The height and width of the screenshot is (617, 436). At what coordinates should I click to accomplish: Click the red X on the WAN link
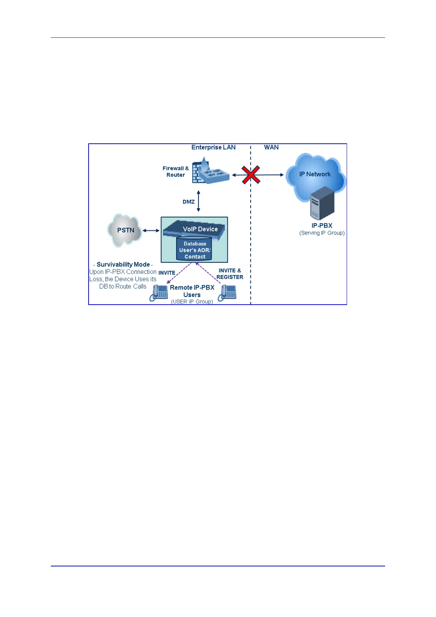coord(251,175)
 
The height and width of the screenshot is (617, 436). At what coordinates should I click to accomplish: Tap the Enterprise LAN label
coord(213,147)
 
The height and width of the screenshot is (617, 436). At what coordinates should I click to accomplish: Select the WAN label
coord(271,147)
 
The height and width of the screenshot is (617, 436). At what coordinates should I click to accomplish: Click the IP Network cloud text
coord(315,174)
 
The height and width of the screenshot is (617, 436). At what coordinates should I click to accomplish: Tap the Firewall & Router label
coord(176,172)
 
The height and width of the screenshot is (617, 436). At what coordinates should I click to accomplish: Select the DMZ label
coord(189,202)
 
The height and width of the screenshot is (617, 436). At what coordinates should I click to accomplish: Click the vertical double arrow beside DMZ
coord(198,201)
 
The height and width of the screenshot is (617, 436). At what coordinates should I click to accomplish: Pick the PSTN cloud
coord(125,230)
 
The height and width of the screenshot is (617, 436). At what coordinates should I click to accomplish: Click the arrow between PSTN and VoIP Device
coord(151,231)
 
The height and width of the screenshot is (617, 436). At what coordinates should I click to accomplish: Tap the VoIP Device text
coord(200,229)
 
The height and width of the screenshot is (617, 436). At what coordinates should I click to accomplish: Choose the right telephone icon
coord(228,293)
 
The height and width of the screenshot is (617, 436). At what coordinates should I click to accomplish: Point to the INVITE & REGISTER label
coord(230,274)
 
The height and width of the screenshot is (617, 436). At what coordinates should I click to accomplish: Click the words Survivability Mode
coord(123,264)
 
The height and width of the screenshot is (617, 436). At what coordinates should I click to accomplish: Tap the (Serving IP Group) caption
coord(322,233)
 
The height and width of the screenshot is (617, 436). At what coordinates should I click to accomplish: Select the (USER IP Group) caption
coord(192,301)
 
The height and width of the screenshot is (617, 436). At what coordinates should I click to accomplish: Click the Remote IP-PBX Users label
coord(192,291)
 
